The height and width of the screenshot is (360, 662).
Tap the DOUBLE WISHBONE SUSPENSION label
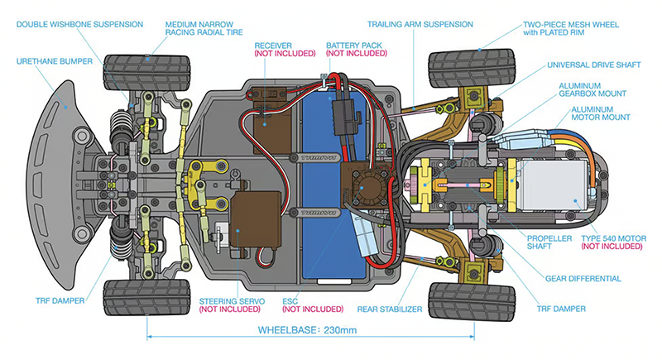73,25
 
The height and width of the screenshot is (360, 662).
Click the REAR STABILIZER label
390,309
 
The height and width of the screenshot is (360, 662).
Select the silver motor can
555,182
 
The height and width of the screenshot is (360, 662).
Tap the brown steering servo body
248,218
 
